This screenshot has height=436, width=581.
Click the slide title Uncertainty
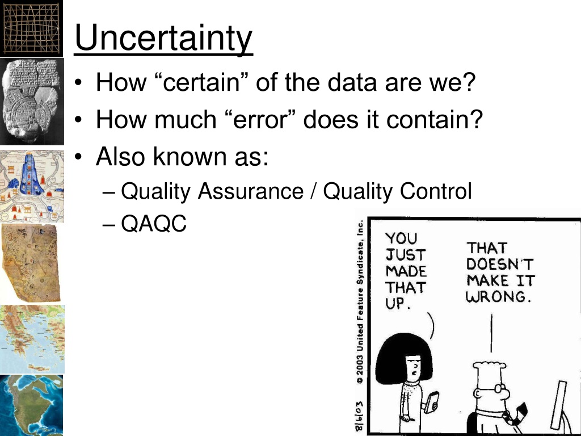pos(163,38)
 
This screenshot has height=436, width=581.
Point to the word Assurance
pos(250,191)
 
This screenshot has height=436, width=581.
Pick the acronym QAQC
pos(154,224)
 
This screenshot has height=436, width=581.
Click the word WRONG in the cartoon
pos(496,296)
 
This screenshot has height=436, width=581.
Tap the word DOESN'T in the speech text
pos(500,265)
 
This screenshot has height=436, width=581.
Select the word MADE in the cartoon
pos(406,271)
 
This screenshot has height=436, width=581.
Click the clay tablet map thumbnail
pos(32,101)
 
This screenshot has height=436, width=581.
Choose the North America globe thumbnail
pos(32,405)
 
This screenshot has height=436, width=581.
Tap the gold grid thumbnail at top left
pos(32,28)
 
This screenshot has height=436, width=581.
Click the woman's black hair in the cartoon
pos(403,356)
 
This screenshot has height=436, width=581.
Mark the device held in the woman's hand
pos(431,402)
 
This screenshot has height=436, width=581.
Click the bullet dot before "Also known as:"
pos(78,157)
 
